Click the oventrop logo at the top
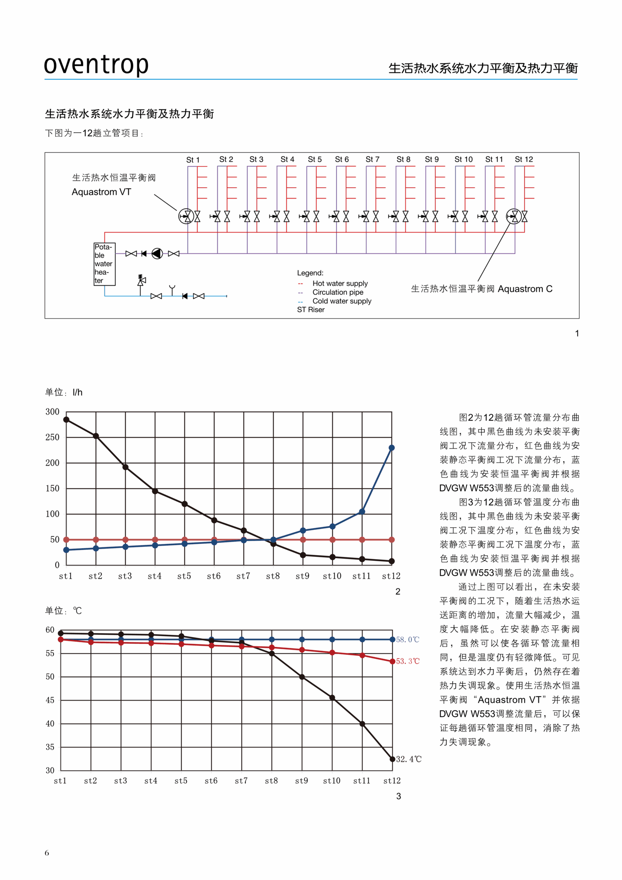tap(96, 64)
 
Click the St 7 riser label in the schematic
tap(372, 159)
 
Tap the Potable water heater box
tap(104, 264)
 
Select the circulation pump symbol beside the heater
tap(157, 253)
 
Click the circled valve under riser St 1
tap(186, 216)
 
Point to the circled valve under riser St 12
tap(514, 216)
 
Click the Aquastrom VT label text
tap(101, 192)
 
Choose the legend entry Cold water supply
tap(342, 301)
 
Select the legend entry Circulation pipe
tap(338, 292)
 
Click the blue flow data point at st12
tap(391, 448)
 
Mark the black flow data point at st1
tap(66, 420)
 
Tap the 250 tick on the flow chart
tap(52, 437)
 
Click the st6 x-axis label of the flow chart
tap(214, 576)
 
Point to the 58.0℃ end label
tap(407, 640)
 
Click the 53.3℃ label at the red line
tap(408, 661)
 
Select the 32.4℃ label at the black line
tap(409, 759)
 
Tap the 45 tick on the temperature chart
tap(50, 700)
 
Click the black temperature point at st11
tap(362, 724)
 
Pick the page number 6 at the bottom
tap(47, 853)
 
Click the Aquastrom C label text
tap(525, 289)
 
